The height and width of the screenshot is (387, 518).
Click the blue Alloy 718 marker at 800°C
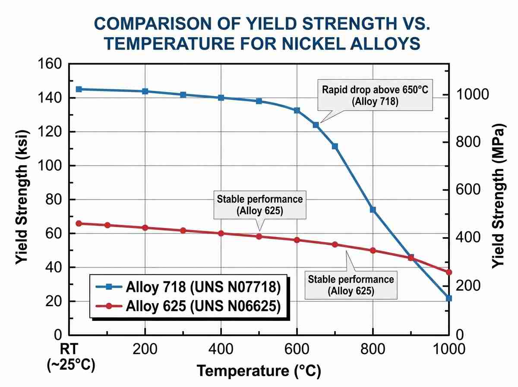373,209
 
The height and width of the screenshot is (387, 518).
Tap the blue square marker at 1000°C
449,298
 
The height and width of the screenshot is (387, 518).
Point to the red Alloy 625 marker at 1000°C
449,272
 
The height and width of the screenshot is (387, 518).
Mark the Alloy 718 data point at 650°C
316,125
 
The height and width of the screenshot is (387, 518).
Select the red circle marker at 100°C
107,225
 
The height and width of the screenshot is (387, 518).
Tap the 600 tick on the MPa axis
468,190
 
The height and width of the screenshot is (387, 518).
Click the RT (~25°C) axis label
70,357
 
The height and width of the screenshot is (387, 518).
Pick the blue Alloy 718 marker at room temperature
79,89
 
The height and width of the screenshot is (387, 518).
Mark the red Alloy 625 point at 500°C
259,237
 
